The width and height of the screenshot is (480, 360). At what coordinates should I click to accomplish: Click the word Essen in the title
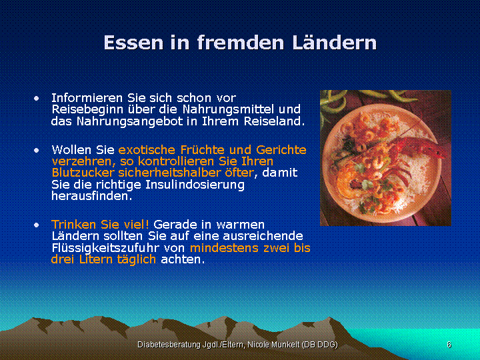(x=133, y=43)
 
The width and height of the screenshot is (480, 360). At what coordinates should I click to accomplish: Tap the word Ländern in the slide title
(x=334, y=42)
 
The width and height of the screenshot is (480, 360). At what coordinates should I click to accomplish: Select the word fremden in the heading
(x=240, y=42)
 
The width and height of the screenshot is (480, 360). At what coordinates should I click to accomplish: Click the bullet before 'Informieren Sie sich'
(x=37, y=98)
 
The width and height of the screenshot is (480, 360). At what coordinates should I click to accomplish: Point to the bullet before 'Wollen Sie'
(x=37, y=150)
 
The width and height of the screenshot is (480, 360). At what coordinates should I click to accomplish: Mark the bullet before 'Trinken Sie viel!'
(x=37, y=225)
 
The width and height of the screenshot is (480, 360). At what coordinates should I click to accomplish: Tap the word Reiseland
(x=274, y=121)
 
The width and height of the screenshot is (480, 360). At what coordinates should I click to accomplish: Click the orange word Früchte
(x=202, y=150)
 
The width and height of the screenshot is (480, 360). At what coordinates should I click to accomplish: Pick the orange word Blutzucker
(x=83, y=173)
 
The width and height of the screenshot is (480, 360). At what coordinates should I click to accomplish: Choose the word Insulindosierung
(x=195, y=185)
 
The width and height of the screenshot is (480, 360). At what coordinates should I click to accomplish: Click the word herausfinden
(x=91, y=196)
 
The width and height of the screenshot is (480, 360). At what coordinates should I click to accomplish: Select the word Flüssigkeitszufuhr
(x=105, y=248)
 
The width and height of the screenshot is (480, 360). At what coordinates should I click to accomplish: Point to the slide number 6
(x=449, y=345)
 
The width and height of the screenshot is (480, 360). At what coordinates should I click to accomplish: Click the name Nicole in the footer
(x=257, y=345)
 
